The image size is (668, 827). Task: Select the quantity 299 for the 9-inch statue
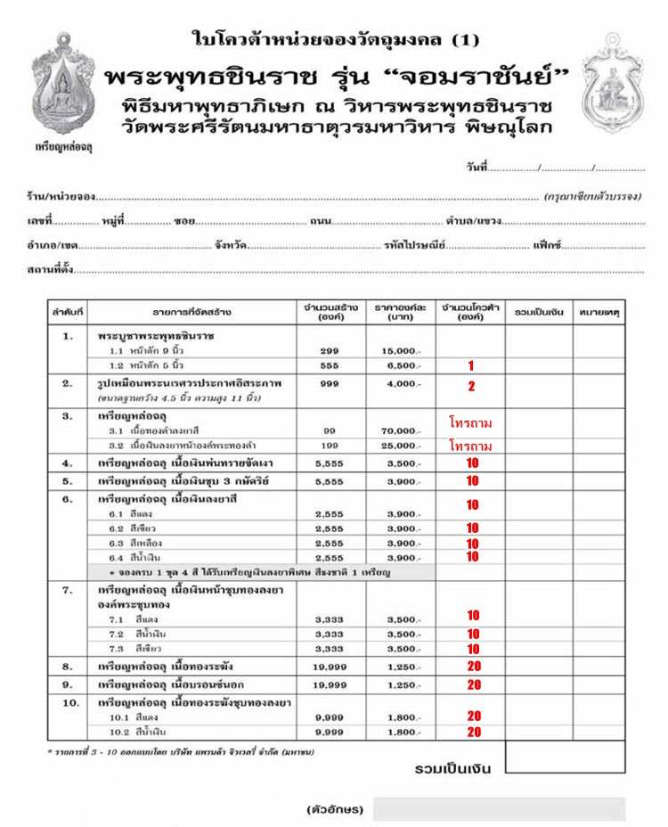329,351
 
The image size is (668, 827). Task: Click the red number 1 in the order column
470,365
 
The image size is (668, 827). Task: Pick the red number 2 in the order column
471,386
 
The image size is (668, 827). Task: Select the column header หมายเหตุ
599,313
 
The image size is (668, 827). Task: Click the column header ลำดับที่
68,313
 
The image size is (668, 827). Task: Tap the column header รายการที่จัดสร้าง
191,313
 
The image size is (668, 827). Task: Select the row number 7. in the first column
68,591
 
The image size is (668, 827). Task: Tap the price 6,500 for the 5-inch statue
403,366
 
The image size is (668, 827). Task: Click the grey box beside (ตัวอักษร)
499,809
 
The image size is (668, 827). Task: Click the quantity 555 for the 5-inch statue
329,366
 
